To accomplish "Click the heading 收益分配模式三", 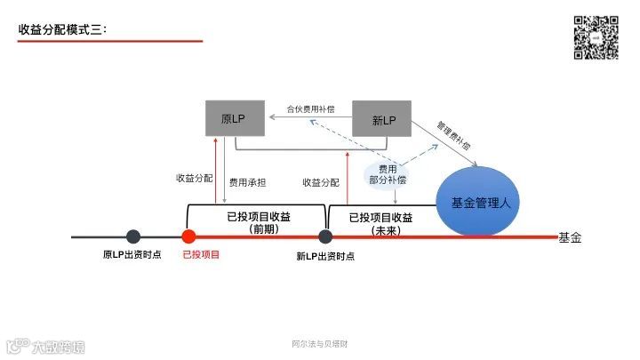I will click(62, 30).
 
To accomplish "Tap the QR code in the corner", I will click(595, 37).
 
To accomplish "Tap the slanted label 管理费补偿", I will click(454, 133).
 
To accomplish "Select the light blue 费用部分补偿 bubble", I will click(388, 173).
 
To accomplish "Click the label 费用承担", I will click(247, 182).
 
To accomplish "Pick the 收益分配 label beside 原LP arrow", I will click(194, 178).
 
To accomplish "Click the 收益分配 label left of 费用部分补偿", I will click(320, 182).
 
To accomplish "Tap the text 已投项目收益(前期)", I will click(259, 222).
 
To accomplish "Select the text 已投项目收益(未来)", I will click(380, 222).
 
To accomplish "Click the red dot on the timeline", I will click(188, 236).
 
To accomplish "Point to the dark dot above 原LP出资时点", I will click(133, 236).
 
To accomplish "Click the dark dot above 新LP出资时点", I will click(325, 236).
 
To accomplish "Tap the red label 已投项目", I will click(200, 255).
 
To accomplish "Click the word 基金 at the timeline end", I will click(570, 237).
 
